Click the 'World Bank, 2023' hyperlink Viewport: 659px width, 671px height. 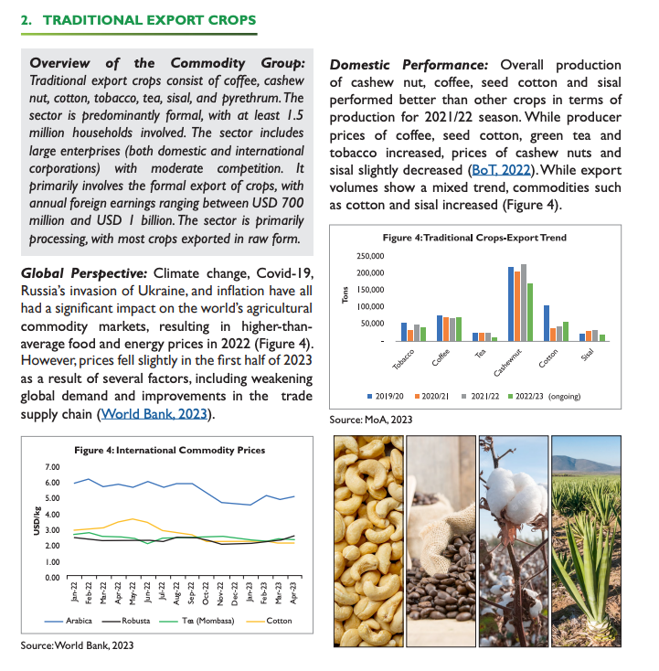[x=155, y=414]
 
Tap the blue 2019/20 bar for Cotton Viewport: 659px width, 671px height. [x=547, y=322]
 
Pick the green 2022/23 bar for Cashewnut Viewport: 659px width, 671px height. [x=530, y=312]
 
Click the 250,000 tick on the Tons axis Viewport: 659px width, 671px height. [x=376, y=255]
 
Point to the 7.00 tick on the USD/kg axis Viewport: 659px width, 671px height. [x=53, y=467]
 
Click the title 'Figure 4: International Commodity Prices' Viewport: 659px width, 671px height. [x=169, y=451]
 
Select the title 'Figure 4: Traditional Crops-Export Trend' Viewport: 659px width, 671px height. [x=474, y=237]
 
